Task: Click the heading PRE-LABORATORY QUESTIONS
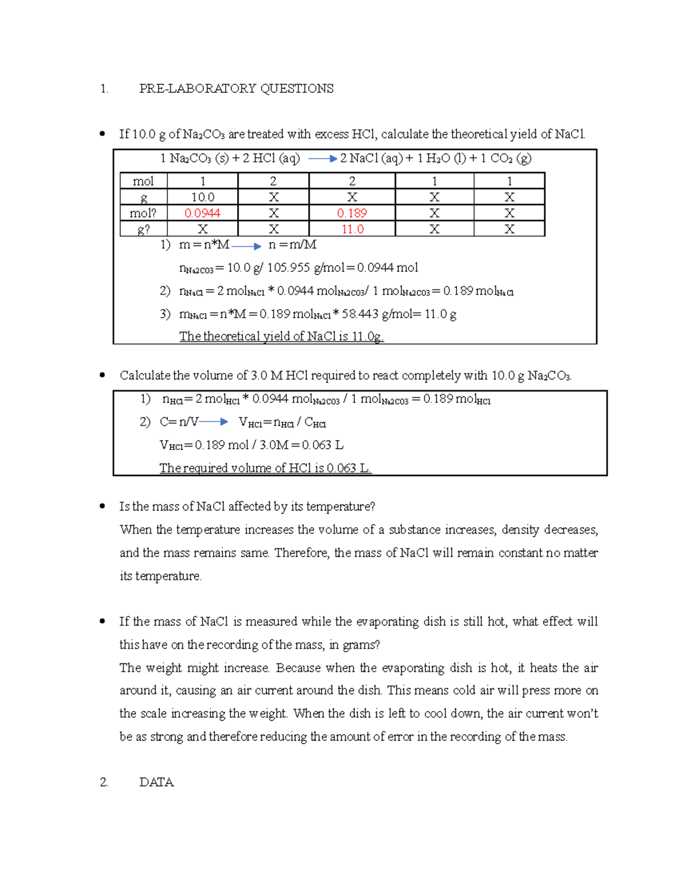(x=236, y=89)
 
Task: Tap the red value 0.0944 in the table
(x=202, y=213)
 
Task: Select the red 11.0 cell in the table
(x=352, y=229)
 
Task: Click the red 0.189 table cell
(x=352, y=213)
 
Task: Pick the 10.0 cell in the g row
(x=202, y=198)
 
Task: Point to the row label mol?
(x=143, y=213)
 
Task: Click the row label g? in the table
(x=143, y=229)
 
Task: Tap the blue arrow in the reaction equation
(x=323, y=159)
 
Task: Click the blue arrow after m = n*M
(x=246, y=246)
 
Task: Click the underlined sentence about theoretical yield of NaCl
(x=281, y=336)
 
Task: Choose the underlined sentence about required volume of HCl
(x=265, y=468)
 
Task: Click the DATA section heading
(x=156, y=782)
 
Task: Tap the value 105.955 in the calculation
(x=288, y=268)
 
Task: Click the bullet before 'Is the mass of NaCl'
(x=102, y=507)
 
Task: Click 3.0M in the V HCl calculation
(x=274, y=445)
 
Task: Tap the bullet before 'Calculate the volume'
(x=102, y=375)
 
